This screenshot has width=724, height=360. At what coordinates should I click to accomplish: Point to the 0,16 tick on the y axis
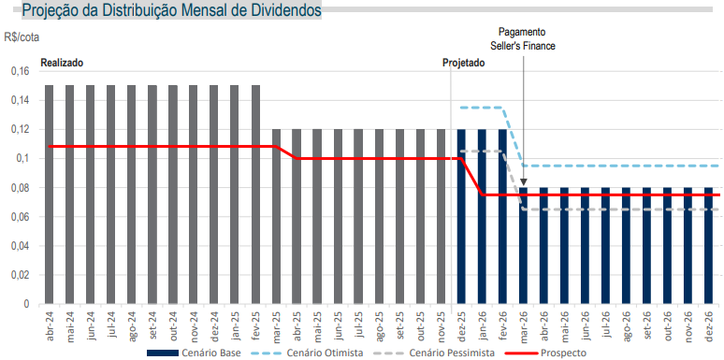(x=18, y=71)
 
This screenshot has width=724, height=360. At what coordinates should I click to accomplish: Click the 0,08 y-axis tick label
(x=18, y=188)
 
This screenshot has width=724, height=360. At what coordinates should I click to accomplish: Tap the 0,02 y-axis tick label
(x=18, y=276)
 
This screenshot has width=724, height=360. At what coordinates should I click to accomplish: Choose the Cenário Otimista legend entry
(x=319, y=353)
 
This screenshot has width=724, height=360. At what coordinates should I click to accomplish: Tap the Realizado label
(x=62, y=63)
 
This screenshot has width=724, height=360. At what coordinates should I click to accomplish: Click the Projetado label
(x=464, y=63)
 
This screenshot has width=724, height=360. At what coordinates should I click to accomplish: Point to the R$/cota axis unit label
(x=21, y=37)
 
